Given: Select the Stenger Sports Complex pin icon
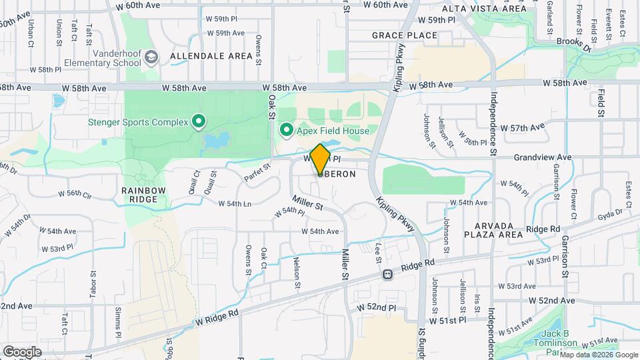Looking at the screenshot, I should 198,121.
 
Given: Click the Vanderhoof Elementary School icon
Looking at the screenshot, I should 152,57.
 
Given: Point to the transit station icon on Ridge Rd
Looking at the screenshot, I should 386,274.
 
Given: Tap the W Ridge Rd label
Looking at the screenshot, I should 217,317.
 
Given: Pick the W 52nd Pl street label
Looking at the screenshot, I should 377,308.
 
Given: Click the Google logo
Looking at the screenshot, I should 22,351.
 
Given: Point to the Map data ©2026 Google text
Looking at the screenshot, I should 598,355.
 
